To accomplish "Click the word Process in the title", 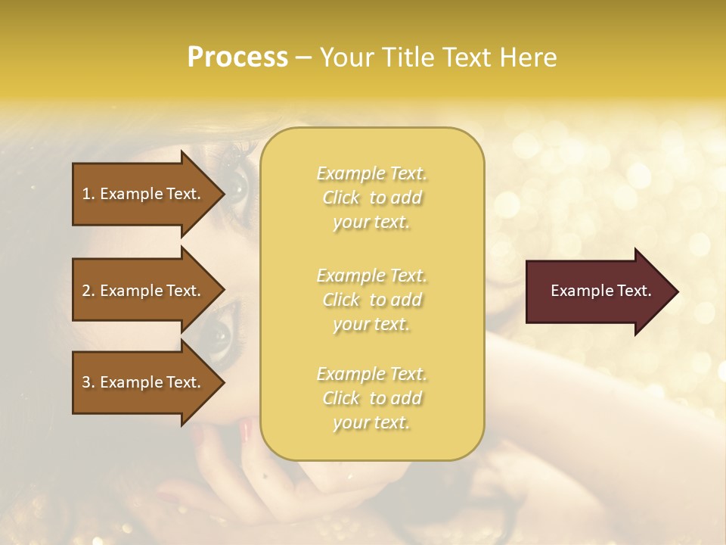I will point(237,58).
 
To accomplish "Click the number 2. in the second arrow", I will point(88,291).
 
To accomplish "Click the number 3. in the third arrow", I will point(88,382).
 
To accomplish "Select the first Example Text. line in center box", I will point(371,173).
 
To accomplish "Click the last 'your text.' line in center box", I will point(371,422).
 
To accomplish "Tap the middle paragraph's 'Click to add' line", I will point(371,300).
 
